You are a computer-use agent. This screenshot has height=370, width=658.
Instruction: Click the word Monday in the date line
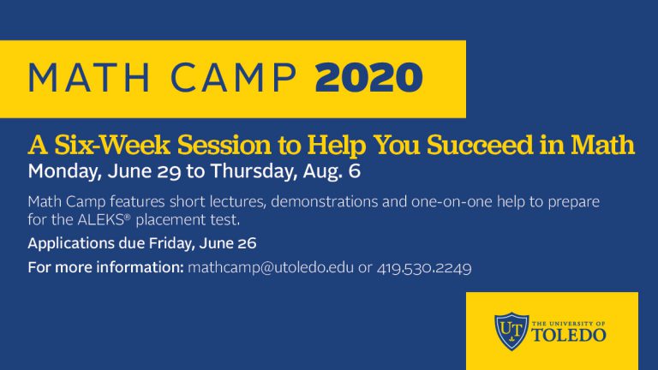click(x=64, y=170)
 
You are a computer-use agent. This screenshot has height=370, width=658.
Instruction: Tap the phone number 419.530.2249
click(x=425, y=268)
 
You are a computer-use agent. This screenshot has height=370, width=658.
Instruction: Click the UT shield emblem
click(x=511, y=330)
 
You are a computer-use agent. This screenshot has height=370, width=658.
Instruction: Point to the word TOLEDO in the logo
click(x=569, y=335)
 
